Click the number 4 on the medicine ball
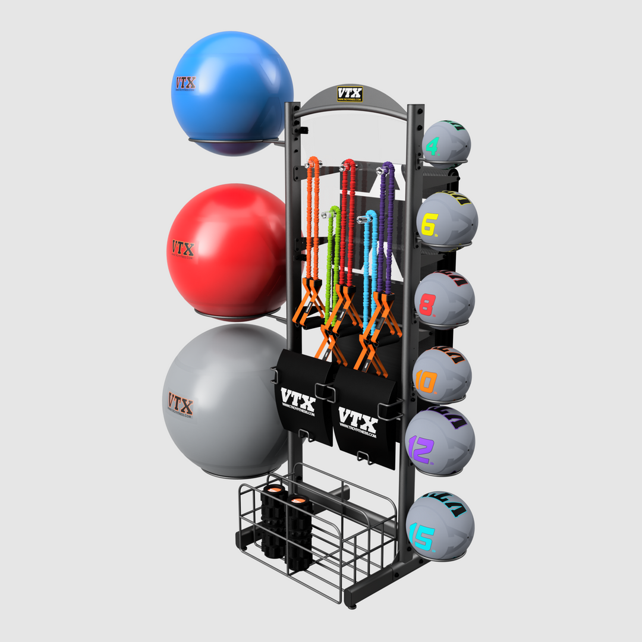(x=432, y=146)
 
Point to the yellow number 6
(x=429, y=224)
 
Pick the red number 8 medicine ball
(x=445, y=300)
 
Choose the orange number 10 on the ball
(x=426, y=381)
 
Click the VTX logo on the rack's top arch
(x=350, y=94)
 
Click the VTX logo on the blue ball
(x=185, y=83)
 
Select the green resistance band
(x=332, y=256)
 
